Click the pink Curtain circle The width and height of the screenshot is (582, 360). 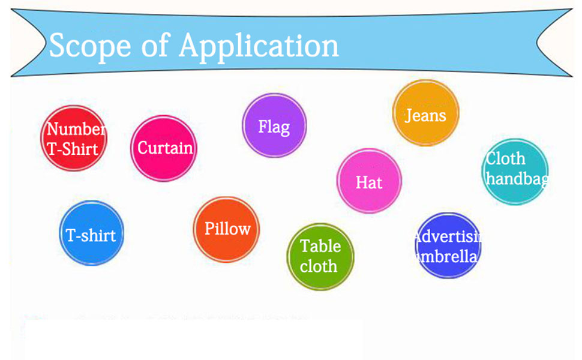[164, 148]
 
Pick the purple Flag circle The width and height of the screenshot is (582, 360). [274, 126]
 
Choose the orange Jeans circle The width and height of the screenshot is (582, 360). [425, 113]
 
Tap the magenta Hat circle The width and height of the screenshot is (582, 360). [369, 181]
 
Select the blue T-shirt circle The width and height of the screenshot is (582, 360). [91, 233]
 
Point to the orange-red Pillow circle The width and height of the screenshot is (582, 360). [226, 229]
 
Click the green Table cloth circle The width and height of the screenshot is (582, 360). [320, 256]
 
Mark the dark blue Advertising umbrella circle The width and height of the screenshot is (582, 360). [448, 245]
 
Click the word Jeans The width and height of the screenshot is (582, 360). [425, 115]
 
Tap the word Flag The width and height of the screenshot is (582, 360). [274, 127]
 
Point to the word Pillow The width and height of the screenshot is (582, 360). [227, 229]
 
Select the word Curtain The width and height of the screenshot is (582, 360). [165, 148]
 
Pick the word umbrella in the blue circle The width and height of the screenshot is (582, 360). [448, 256]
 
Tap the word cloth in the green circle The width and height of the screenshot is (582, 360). [319, 266]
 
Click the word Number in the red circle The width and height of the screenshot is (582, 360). [76, 129]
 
